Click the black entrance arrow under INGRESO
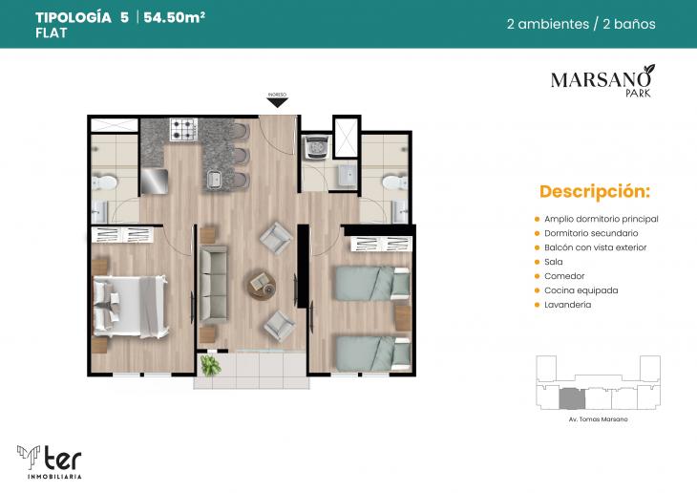pyautogui.click(x=277, y=102)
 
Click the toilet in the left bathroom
pyautogui.click(x=106, y=181)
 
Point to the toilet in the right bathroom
pyautogui.click(x=391, y=181)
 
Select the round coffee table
pyautogui.click(x=260, y=283)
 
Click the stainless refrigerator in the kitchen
pyautogui.click(x=155, y=181)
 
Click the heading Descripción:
pyautogui.click(x=594, y=191)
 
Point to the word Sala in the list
pyautogui.click(x=553, y=261)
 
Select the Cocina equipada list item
pyautogui.click(x=581, y=289)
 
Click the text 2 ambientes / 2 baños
pyautogui.click(x=581, y=24)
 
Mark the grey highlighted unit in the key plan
pyautogui.click(x=570, y=397)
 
